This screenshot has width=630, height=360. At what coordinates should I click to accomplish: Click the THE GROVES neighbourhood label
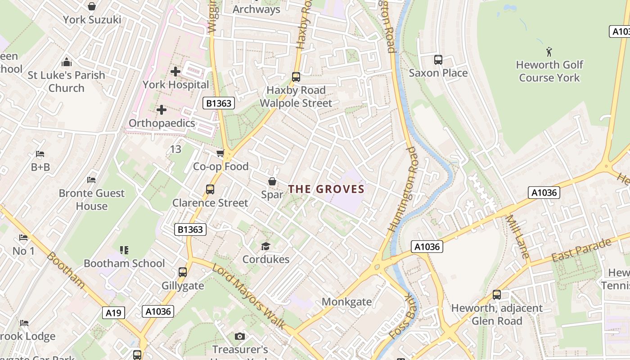coord(326,189)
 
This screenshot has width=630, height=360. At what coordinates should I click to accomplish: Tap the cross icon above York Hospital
coord(175,72)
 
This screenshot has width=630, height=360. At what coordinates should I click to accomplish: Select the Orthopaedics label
coord(162,123)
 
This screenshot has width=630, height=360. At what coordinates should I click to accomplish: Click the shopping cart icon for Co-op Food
coord(220,154)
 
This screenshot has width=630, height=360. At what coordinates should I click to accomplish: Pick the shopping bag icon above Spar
coord(272,182)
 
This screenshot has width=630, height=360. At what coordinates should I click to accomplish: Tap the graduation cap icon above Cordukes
coord(265,246)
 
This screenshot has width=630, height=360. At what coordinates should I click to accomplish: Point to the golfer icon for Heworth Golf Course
coord(549,51)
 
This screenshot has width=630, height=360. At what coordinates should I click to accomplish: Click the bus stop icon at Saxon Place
coord(438,60)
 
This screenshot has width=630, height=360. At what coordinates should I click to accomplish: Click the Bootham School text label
coord(124,263)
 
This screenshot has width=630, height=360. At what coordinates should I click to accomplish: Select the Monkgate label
coord(346,301)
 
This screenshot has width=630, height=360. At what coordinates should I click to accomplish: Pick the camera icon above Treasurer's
coord(240,337)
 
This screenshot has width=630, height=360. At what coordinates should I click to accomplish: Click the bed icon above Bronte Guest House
coord(91,180)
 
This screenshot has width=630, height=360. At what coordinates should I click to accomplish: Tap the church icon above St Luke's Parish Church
coord(67,62)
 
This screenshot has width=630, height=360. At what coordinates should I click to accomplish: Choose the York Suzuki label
coord(92,19)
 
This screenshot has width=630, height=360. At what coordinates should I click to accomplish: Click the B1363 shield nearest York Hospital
coord(219,103)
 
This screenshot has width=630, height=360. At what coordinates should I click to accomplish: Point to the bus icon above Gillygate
coord(182,272)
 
